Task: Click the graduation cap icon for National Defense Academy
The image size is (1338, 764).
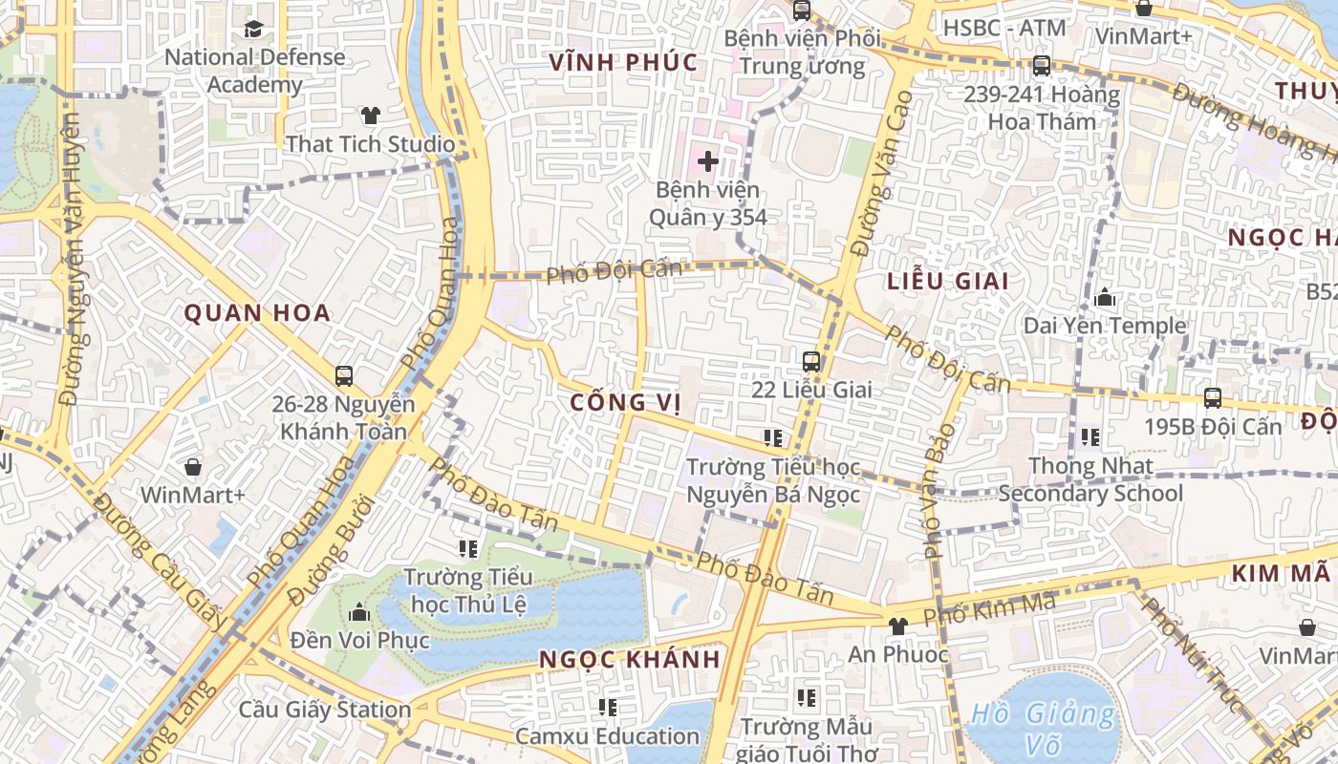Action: coord(253,29)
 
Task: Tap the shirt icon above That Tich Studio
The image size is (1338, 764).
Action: coord(371,116)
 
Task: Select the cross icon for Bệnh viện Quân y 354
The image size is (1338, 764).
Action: coord(708,161)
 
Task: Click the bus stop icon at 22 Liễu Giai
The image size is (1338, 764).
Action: coord(811,362)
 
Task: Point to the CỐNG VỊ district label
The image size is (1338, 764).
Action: coord(625,403)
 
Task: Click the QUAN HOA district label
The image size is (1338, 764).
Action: coord(257,313)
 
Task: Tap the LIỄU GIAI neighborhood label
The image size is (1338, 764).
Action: coord(948,282)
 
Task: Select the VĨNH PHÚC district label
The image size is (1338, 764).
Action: coord(623,63)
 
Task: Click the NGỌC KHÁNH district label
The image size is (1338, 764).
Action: coord(630,660)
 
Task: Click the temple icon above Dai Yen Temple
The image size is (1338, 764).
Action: coord(1105,298)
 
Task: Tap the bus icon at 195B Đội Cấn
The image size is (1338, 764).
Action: coord(1213,398)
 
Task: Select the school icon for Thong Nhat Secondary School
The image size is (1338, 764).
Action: coord(1090,438)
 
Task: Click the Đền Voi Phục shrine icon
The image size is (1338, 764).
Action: coord(360,611)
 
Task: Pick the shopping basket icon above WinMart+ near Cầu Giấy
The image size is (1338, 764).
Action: coord(193,467)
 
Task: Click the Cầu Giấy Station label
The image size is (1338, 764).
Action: coord(325,710)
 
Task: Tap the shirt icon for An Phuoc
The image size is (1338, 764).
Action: coord(897,626)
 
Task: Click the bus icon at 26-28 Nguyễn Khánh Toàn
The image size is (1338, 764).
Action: coord(344,376)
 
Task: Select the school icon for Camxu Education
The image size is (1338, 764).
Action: coord(607,708)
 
